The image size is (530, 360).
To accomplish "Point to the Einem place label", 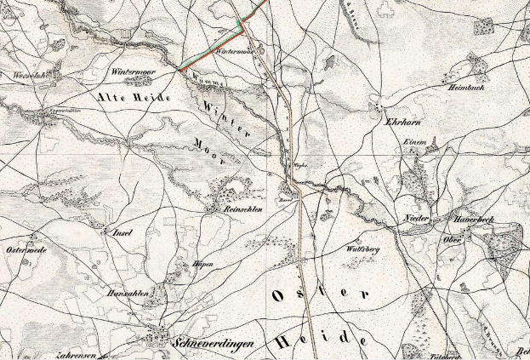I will pos(413,142).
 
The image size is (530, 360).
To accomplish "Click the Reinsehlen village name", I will pos(242,209).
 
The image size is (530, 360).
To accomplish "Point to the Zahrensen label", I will pos(77,355).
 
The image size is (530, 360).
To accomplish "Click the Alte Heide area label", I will pos(136,99).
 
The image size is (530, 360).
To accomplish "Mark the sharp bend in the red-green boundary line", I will pos(243,28).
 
